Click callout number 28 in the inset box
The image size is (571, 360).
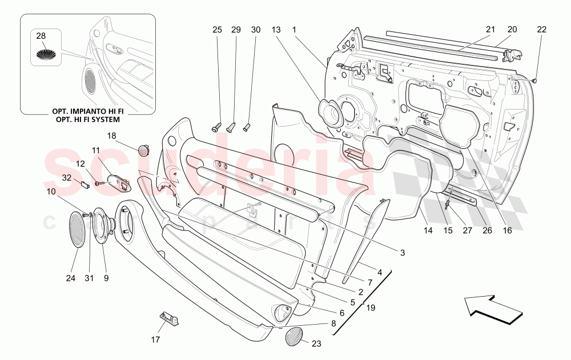pyautogui.click(x=41, y=36)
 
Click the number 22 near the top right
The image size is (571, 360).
pyautogui.click(x=542, y=29)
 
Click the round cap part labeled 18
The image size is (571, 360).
pyautogui.click(x=143, y=151)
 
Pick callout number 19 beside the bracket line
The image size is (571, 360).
pyautogui.click(x=371, y=308)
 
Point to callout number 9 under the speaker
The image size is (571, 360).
pyautogui.click(x=106, y=278)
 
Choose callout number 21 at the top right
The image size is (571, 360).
pyautogui.click(x=490, y=29)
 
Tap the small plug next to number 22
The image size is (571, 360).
pyautogui.click(x=535, y=81)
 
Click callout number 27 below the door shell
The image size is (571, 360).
pyautogui.click(x=468, y=230)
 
